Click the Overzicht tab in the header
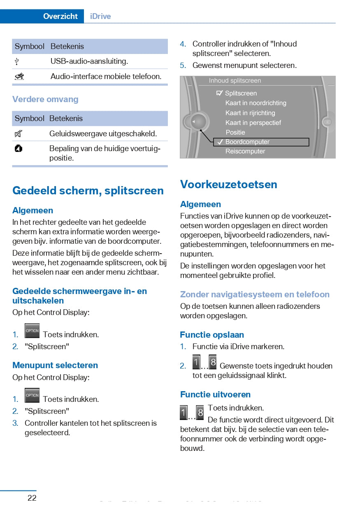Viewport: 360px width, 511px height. click(x=60, y=16)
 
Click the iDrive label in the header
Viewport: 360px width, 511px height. click(x=100, y=16)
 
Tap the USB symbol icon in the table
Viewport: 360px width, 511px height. click(x=17, y=61)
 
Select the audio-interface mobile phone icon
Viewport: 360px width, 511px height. click(x=19, y=76)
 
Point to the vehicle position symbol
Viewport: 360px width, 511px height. click(x=18, y=149)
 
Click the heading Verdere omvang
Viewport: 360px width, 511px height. click(x=45, y=99)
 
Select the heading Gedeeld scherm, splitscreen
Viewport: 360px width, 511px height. click(x=88, y=190)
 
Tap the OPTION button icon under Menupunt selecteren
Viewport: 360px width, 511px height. click(x=32, y=395)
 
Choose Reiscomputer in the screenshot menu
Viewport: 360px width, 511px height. click(x=245, y=151)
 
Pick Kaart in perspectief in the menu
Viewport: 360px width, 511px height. click(x=253, y=123)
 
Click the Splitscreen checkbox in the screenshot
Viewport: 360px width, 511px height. click(x=220, y=93)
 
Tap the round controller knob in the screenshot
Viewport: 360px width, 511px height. click(x=199, y=122)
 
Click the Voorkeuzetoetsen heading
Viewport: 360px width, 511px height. click(x=229, y=184)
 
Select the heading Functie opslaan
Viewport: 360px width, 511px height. click(x=212, y=335)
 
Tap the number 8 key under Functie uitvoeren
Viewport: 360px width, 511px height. click(x=200, y=412)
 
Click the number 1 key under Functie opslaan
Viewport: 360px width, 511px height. click(x=196, y=362)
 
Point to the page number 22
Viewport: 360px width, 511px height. click(x=32, y=498)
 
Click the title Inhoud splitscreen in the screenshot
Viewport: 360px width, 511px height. click(x=235, y=81)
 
